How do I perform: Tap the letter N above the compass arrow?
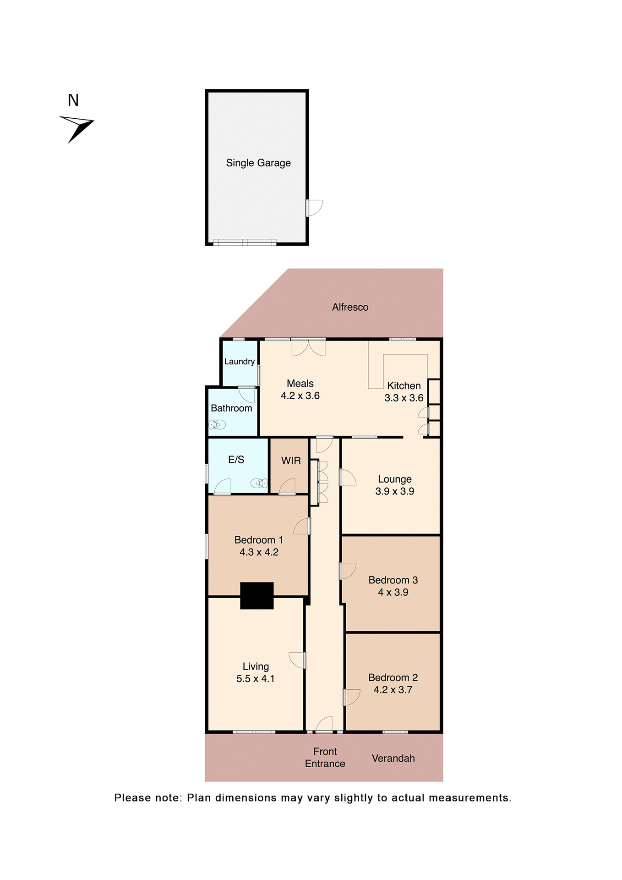pos(73,100)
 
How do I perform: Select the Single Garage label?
pos(258,163)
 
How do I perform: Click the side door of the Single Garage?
pos(314,208)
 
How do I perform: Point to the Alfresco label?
pos(350,307)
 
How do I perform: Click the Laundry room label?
pos(240,362)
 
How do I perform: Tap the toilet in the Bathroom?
pos(217,425)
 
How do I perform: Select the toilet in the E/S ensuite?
pos(259,483)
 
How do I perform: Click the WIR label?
pos(291,461)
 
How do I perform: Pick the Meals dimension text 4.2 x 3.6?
pos(300,396)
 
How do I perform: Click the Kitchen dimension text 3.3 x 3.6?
pos(404,398)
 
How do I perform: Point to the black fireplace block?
pos(257,595)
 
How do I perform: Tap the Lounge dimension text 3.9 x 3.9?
pos(394,491)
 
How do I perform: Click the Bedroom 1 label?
pos(258,540)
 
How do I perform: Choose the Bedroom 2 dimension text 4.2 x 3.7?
pos(393,690)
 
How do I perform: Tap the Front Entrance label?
pos(325,758)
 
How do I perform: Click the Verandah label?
pos(393,759)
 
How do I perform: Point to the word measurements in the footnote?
pos(469,798)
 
